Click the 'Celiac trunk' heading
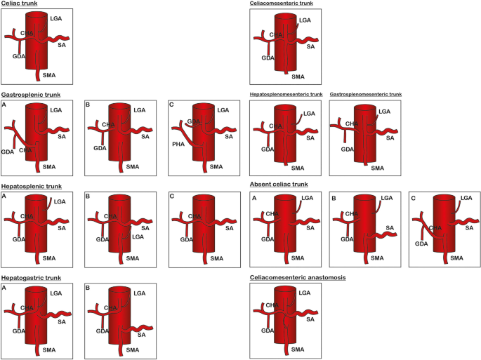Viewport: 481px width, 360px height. [19, 4]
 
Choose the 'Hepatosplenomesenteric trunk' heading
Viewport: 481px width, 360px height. [286, 94]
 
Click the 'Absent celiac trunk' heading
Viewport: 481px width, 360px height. [280, 185]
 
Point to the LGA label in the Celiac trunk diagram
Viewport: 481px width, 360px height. [56, 18]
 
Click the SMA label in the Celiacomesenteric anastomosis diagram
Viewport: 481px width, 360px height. [298, 349]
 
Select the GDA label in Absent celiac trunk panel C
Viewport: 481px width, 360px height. [421, 244]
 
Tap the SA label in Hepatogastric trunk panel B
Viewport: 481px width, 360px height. [141, 335]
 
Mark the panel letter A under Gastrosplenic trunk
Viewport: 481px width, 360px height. [4, 105]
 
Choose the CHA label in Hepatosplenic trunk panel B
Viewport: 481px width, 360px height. [110, 216]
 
